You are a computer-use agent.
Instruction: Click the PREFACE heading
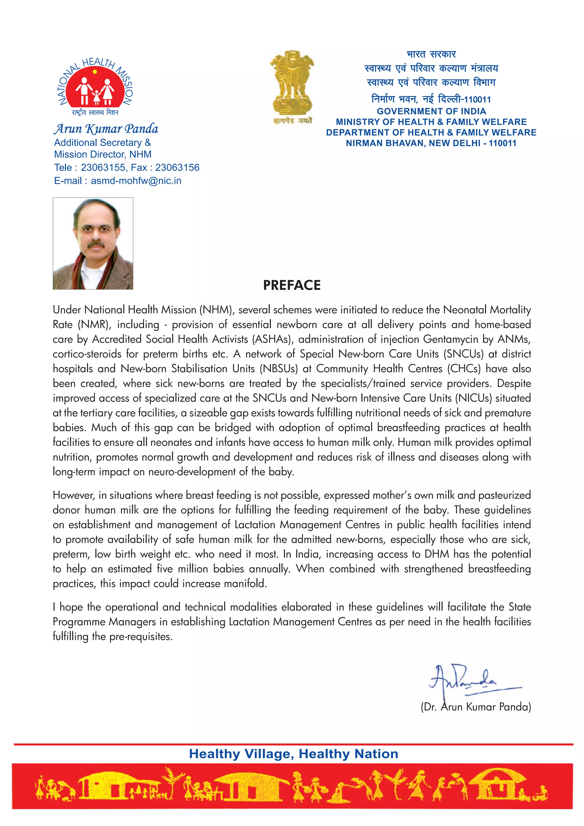click(x=292, y=285)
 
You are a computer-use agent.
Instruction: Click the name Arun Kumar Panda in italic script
click(x=106, y=129)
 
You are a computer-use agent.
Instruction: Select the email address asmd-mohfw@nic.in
click(x=136, y=181)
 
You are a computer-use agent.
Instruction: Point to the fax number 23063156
click(x=177, y=167)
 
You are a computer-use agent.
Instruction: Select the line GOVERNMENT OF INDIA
click(x=431, y=111)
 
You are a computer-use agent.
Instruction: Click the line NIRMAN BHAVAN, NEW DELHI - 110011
click(x=431, y=143)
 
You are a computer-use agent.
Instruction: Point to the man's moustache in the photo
click(x=96, y=245)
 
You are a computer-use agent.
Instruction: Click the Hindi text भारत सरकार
click(x=431, y=54)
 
